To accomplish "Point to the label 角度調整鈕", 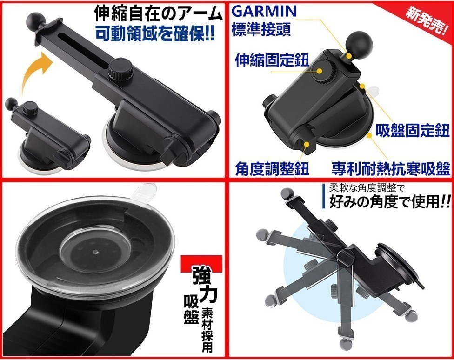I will pos(272,167).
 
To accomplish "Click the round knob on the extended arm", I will pos(119,70).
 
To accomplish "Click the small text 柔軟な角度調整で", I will pos(366,189).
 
